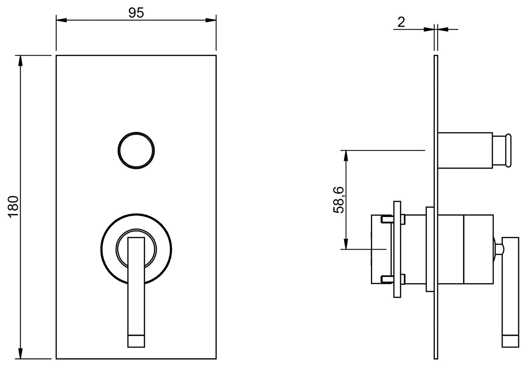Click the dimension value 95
pyautogui.click(x=136, y=13)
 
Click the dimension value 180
pyautogui.click(x=13, y=207)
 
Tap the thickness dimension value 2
pyautogui.click(x=401, y=22)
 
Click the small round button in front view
pyautogui.click(x=136, y=150)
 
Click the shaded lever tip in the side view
pyautogui.click(x=510, y=340)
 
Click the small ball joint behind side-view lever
pyautogui.click(x=498, y=249)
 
